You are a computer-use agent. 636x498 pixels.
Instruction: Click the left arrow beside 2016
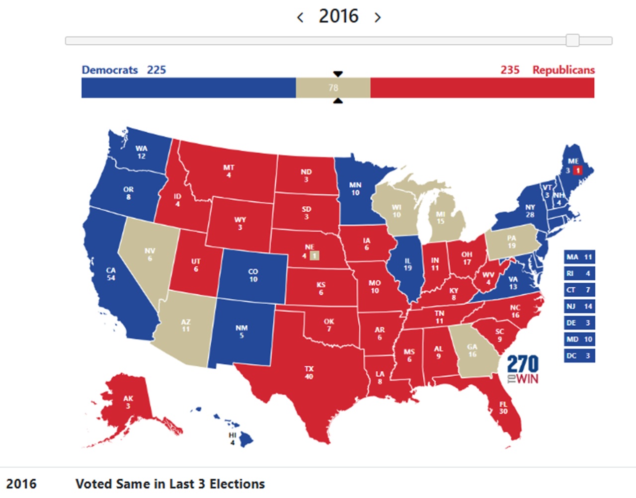300,18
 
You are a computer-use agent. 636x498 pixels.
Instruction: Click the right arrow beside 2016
378,18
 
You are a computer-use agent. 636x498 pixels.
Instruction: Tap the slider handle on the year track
572,40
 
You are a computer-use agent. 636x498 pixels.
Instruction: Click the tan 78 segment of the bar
333,87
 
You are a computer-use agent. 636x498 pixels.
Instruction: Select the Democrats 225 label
124,70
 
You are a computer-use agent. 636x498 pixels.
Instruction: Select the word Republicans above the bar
563,70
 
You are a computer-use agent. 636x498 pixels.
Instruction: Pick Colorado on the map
253,275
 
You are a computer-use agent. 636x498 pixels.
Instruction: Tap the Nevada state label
150,254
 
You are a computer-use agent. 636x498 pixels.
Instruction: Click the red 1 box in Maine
577,170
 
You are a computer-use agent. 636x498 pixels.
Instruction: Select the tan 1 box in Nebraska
314,256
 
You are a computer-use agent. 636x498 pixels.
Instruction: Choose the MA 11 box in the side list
579,257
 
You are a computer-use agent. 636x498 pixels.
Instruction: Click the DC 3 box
579,356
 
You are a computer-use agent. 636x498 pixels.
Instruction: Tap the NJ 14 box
579,306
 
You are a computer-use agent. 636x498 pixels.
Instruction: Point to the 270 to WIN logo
522,369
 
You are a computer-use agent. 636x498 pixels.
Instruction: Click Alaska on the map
128,402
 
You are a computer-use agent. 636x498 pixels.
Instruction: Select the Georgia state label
472,350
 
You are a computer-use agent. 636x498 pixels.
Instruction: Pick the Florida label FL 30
503,408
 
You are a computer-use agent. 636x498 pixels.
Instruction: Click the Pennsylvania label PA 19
511,242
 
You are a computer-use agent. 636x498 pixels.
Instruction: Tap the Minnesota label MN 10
355,189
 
